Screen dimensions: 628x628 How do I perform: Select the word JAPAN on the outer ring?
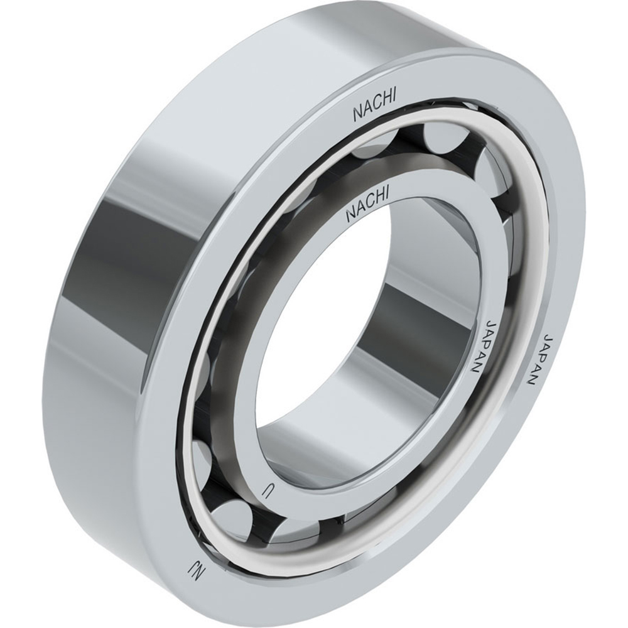point(541,360)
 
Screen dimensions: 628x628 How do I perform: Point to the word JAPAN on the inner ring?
point(484,346)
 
